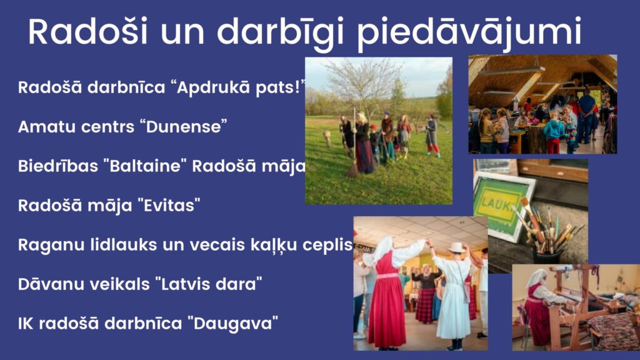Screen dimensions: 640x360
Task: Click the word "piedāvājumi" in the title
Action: (x=469, y=32)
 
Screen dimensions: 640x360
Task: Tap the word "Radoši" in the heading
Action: (x=87, y=31)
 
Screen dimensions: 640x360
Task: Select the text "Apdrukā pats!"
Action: (x=241, y=87)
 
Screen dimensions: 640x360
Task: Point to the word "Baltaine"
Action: (x=145, y=166)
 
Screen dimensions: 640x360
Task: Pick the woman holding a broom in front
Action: (x=362, y=143)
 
